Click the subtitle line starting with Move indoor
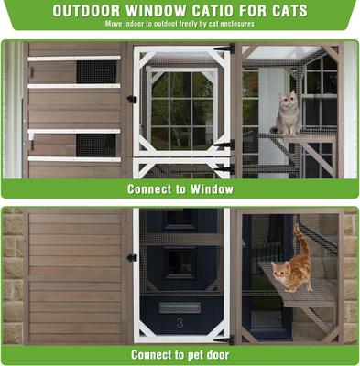pos(180,25)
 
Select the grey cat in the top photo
pos(289,113)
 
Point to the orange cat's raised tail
pos(299,240)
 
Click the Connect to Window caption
pos(180,189)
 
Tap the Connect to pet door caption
pos(180,355)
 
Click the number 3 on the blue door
pos(180,322)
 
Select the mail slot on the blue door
pos(180,307)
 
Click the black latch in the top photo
pos(132,100)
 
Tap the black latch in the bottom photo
pos(132,257)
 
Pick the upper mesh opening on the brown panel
pos(95,71)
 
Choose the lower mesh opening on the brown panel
pos(95,145)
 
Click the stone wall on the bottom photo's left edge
pos(12,274)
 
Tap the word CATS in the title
pos(284,11)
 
